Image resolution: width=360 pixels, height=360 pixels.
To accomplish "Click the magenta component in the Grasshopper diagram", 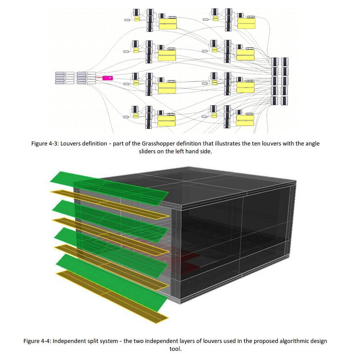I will coord(107,78).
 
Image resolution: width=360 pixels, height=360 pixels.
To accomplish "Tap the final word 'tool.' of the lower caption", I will coord(180,349).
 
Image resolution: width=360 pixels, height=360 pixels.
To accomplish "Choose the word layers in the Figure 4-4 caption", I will coord(189,341).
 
